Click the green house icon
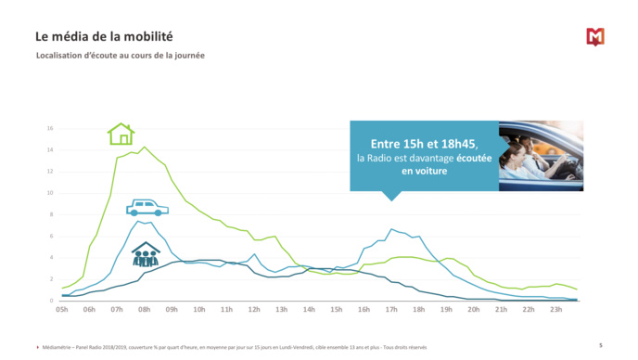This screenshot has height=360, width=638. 121,135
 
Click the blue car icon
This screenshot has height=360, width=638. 147,207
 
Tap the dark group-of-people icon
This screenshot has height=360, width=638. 145,254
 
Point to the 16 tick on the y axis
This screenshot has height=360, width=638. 50,128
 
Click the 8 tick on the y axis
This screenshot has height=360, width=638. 51,214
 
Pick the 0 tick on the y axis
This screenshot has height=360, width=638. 51,301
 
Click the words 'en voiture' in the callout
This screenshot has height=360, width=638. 424,171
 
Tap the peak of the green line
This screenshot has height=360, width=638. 144,147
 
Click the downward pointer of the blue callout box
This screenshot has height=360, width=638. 391,196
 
